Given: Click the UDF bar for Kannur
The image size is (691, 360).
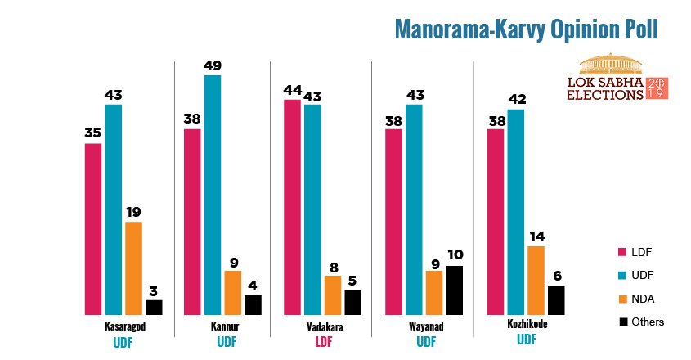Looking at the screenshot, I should (x=213, y=195).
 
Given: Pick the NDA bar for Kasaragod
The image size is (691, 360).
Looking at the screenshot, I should (x=133, y=268).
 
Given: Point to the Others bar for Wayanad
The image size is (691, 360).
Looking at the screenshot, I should (x=454, y=290).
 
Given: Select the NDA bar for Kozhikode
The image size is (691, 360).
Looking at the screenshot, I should (x=536, y=280).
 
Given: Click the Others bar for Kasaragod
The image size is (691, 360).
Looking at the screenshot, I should (x=154, y=307).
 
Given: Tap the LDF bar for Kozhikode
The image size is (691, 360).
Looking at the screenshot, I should (x=496, y=222).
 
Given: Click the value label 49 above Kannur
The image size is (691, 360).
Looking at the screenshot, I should (x=213, y=66).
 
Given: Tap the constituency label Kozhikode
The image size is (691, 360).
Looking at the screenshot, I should (x=527, y=324).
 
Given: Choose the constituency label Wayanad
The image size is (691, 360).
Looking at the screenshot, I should (x=425, y=326).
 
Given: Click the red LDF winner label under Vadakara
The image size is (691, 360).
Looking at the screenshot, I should (x=324, y=342).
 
